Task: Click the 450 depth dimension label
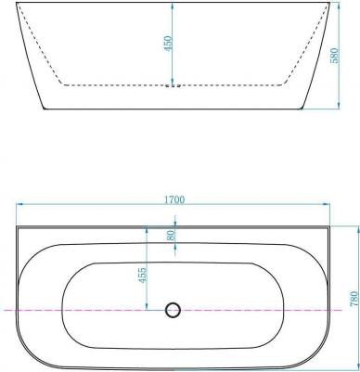point(169,44)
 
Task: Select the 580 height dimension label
point(335,56)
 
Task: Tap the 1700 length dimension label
point(174,199)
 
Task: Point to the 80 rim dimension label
point(171,235)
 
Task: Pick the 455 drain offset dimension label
point(142,276)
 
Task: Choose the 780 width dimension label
point(354,299)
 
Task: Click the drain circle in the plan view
point(173,310)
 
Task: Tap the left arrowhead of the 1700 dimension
point(20,204)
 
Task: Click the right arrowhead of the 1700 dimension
point(326,204)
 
